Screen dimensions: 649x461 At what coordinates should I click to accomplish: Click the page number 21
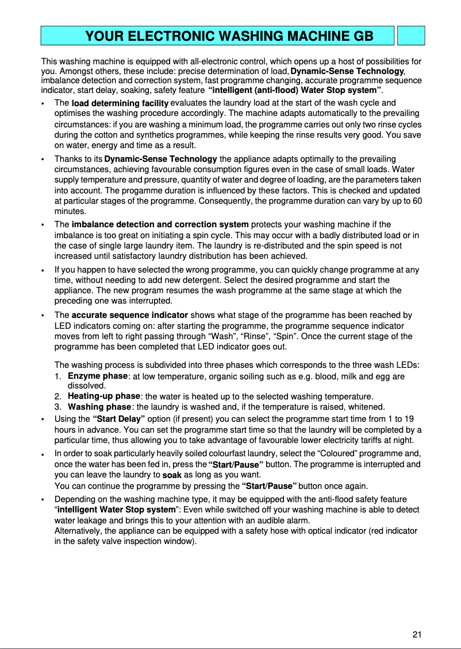pos(417,634)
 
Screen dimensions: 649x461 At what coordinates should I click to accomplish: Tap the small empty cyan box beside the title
pos(411,36)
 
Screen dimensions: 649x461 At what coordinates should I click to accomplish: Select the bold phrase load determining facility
pos(120,103)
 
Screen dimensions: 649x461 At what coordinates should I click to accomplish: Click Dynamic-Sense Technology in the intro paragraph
pos(348,71)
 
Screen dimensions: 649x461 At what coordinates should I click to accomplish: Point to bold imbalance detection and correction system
pos(160,224)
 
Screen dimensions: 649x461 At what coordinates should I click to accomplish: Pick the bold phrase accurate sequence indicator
pos(129,315)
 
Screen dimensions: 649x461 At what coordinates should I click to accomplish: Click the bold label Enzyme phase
pos(97,376)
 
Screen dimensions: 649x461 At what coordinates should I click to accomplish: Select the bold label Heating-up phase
pos(104,396)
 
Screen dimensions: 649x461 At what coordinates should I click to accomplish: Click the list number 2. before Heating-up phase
pos(58,397)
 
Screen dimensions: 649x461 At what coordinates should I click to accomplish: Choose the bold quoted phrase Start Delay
pos(118,419)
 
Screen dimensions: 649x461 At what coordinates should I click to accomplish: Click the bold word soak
pos(172,475)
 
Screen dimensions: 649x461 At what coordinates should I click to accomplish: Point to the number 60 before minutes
pos(417,201)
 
